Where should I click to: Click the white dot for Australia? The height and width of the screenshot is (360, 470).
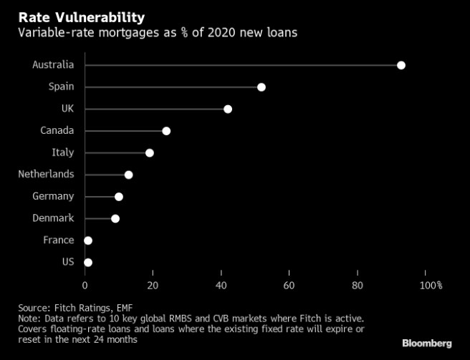point(401,65)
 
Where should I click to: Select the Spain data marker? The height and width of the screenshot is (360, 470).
point(262,87)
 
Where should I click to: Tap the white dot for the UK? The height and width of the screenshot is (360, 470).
point(228,109)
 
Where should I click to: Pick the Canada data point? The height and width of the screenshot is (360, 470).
point(166,131)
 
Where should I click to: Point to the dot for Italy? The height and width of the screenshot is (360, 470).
point(150,152)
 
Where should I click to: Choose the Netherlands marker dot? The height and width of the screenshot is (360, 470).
point(129,175)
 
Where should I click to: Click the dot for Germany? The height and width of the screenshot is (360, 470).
point(119,197)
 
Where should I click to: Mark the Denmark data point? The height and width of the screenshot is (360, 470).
point(115,218)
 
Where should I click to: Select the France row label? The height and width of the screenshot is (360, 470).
point(58,240)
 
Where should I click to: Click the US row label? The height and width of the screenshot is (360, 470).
point(68,262)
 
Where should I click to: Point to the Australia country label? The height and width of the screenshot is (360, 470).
point(53,65)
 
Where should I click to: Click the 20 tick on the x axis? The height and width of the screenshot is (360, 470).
point(153,286)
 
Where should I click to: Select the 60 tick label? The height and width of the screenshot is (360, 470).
point(289,286)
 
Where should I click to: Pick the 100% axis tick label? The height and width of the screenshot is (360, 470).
point(431,286)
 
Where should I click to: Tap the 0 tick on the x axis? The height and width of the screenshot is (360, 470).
point(85,286)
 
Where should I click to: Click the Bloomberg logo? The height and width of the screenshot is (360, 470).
point(427,344)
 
